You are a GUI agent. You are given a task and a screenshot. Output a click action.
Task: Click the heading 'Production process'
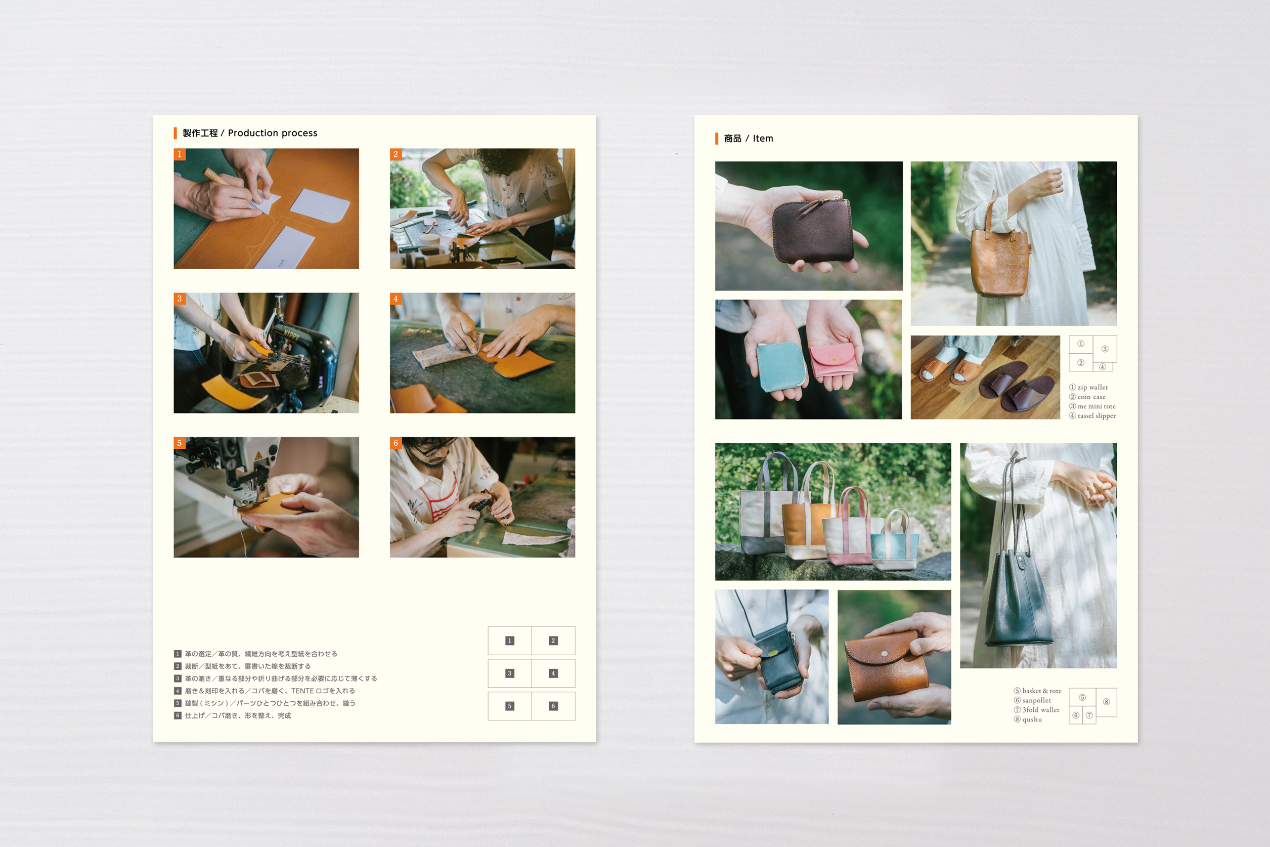point(272,133)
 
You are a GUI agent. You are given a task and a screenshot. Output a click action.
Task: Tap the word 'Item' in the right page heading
point(763,138)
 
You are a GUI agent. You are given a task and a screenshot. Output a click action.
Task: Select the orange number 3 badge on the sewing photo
point(179,298)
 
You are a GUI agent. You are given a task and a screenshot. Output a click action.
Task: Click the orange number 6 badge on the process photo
point(396,443)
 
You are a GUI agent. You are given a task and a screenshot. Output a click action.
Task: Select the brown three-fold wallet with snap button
point(886,665)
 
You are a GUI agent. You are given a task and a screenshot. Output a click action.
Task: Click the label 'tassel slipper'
point(1097,416)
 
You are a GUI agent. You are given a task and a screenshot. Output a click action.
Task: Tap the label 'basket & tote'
point(1041,691)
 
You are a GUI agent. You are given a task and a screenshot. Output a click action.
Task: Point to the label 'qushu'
point(1032,719)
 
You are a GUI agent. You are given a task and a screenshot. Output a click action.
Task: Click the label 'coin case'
point(1091,397)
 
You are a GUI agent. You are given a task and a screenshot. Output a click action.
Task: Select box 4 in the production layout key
point(553,673)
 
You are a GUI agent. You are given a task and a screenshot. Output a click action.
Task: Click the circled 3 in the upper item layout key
point(1105,349)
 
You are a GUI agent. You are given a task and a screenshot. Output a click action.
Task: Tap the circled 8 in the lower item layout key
point(1107,702)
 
